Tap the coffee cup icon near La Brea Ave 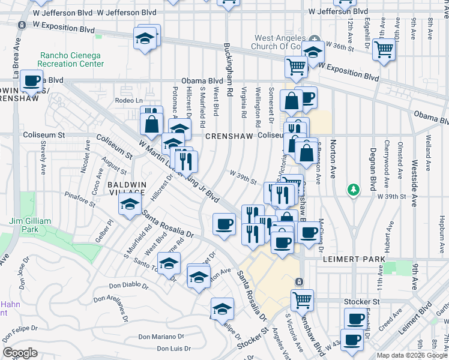click(32, 80)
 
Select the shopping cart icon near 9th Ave click(384, 49)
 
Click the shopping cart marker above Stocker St click(302, 298)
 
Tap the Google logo click(20, 353)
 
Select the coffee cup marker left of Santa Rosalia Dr click(224, 225)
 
